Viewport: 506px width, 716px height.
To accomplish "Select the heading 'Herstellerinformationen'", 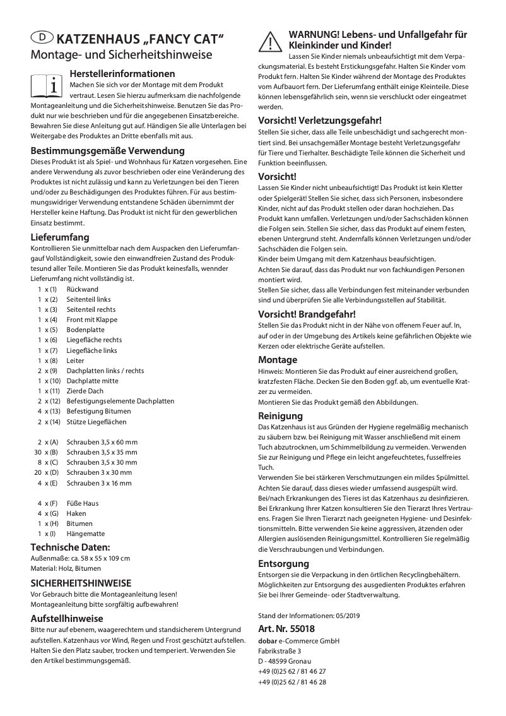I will coord(122,74).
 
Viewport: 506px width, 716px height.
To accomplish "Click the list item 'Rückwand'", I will coord(82,289).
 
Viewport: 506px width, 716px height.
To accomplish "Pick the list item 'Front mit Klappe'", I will coord(92,319).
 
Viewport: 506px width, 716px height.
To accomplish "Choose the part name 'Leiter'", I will coord(76,361).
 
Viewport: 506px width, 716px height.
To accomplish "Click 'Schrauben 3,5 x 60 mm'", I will coord(102,442).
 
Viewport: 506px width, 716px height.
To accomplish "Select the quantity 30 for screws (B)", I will coord(37,452).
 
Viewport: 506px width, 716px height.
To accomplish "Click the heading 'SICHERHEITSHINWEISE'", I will coord(81,583).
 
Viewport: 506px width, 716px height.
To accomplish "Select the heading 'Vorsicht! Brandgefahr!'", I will coord(307,314).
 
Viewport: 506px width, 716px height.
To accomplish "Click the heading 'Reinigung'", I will coord(280,416).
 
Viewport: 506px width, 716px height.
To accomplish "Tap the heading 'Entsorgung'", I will coord(283,563).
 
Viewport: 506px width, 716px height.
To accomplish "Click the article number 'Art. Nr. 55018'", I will coord(286,629).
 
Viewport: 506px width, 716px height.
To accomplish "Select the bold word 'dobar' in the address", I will coord(268,641).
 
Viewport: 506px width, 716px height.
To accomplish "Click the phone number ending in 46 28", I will coord(292,682).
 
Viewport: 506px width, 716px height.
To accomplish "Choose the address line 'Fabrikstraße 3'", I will coord(279,651).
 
